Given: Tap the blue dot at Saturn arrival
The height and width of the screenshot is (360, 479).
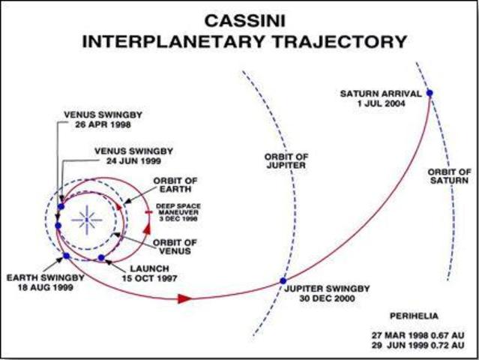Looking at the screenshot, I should (430, 93).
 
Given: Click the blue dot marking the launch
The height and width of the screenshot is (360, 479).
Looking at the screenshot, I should (101, 258).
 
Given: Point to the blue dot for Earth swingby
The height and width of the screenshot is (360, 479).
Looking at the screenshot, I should (66, 256).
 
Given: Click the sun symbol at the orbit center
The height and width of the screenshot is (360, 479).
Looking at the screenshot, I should (87, 219).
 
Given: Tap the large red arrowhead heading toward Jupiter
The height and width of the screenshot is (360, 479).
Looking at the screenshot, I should (185, 298).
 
